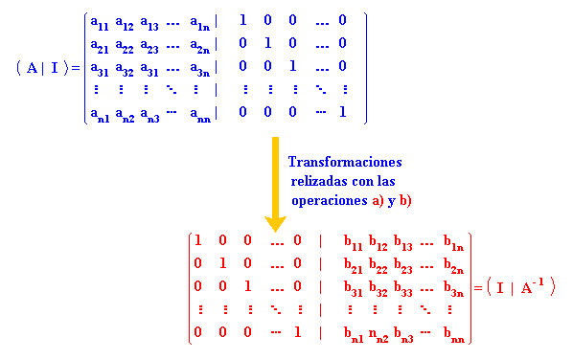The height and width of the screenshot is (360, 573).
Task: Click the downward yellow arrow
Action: (275, 182)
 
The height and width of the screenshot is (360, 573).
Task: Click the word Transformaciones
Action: (345, 162)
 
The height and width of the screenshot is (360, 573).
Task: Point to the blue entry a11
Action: (99, 21)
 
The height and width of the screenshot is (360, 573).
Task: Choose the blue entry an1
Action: (99, 114)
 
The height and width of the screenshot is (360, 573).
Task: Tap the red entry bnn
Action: (456, 334)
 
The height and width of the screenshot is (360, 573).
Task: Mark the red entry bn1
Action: (355, 334)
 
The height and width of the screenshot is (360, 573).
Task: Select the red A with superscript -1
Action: (531, 285)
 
